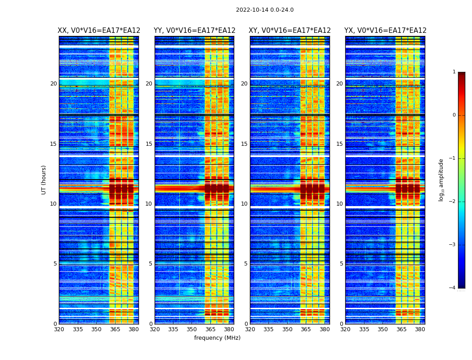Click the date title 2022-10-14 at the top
point(265,10)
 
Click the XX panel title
point(99,31)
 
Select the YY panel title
point(194,31)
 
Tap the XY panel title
point(290,31)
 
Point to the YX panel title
point(385,31)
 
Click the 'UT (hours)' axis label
point(44,180)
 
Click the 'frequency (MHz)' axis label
point(217,338)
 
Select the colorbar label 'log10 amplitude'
point(441,180)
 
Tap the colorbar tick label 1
point(454,72)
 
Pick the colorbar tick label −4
point(453,288)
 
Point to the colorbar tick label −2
point(453,202)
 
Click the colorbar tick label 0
point(454,115)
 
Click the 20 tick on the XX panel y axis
point(53,84)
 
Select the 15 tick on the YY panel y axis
point(149,144)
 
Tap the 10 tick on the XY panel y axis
point(244,204)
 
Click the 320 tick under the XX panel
point(59,329)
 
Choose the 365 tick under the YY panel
point(210,329)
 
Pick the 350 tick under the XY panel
point(287,329)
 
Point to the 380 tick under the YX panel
point(420,329)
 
